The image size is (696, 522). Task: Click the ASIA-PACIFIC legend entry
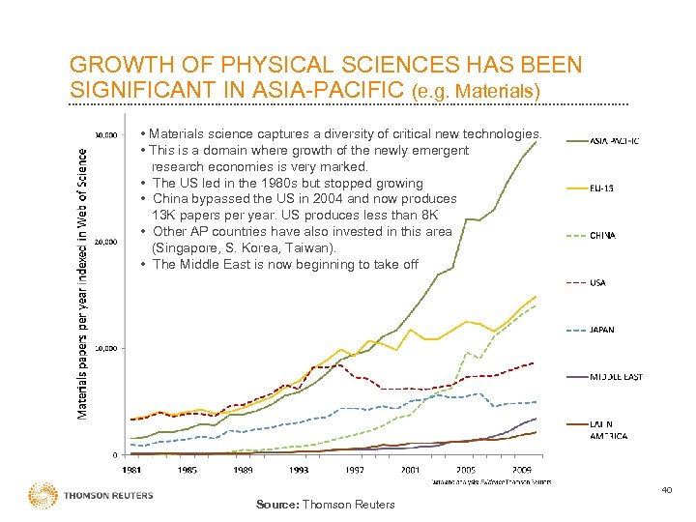614,141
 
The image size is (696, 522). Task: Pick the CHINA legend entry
603,235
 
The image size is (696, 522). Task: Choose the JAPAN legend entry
602,330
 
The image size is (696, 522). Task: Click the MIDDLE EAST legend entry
616,377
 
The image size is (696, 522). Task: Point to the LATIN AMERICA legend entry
609,429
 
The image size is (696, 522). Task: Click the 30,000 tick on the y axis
104,135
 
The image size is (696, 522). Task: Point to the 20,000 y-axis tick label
104,242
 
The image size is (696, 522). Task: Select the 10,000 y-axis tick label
104,348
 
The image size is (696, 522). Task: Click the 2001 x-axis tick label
412,470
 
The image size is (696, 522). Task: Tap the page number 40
667,490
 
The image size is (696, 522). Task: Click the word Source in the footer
278,505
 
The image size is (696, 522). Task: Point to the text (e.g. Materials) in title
476,92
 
